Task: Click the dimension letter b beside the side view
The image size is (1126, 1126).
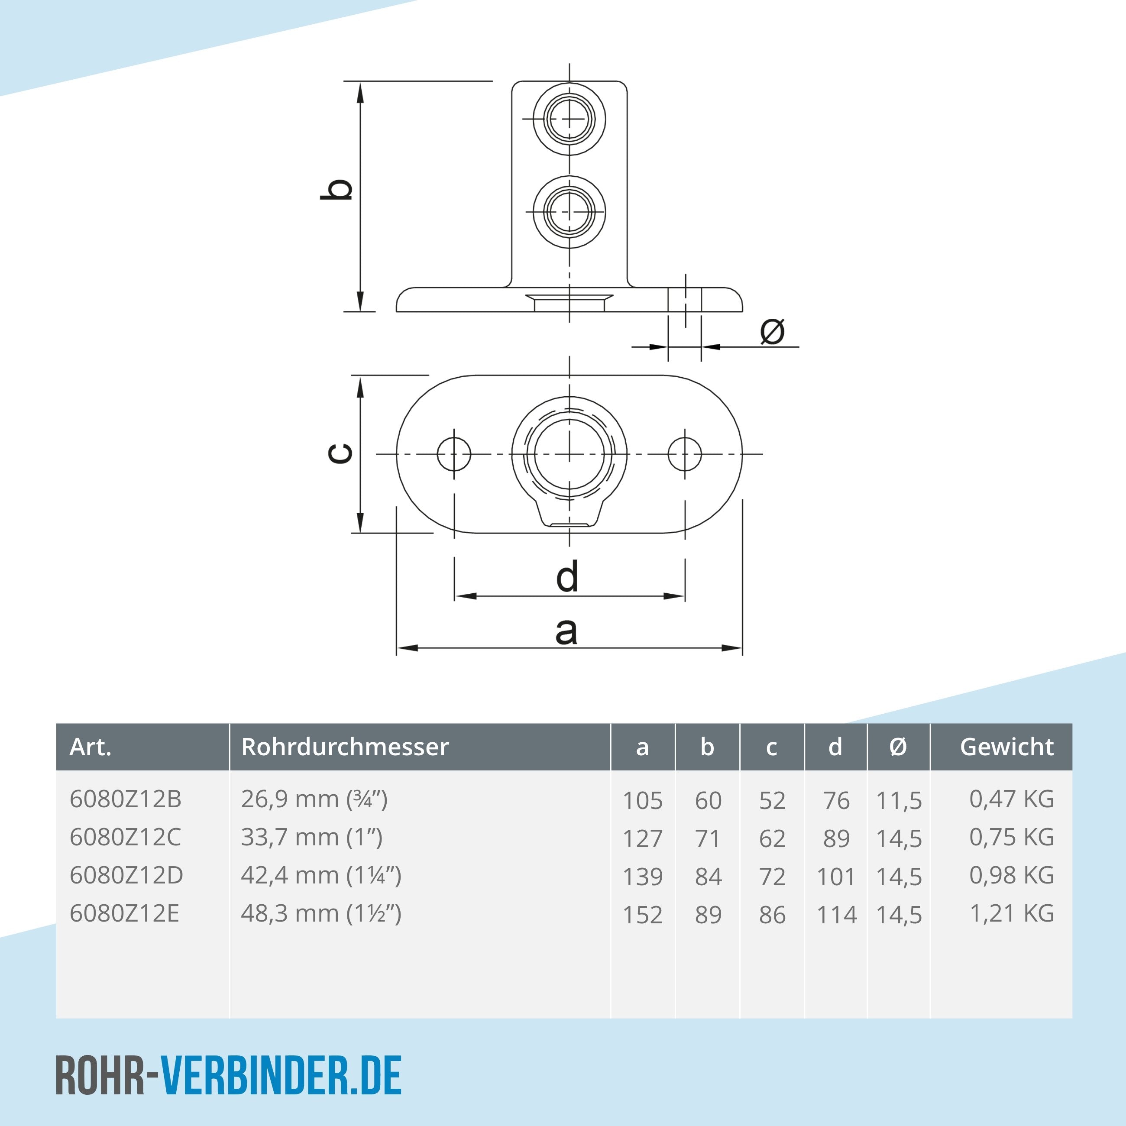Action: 337,189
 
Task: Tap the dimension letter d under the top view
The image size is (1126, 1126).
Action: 567,576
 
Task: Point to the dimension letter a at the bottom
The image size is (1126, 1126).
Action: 566,631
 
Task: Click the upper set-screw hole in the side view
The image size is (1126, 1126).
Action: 569,119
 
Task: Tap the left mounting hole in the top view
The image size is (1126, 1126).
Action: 454,454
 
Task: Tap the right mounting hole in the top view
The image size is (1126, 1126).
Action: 684,454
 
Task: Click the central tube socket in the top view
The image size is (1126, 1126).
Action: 569,454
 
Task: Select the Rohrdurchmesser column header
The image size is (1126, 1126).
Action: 345,747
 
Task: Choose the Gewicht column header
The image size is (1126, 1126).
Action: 1006,747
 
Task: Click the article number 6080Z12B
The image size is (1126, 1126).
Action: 125,799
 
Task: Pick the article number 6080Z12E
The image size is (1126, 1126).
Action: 124,913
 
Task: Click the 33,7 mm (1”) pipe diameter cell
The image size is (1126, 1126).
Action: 312,838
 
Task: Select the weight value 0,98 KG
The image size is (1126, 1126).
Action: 1011,875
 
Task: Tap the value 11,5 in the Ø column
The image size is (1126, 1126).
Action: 899,801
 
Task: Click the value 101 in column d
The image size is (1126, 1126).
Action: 836,877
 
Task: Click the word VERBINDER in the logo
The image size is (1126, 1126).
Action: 255,1075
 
